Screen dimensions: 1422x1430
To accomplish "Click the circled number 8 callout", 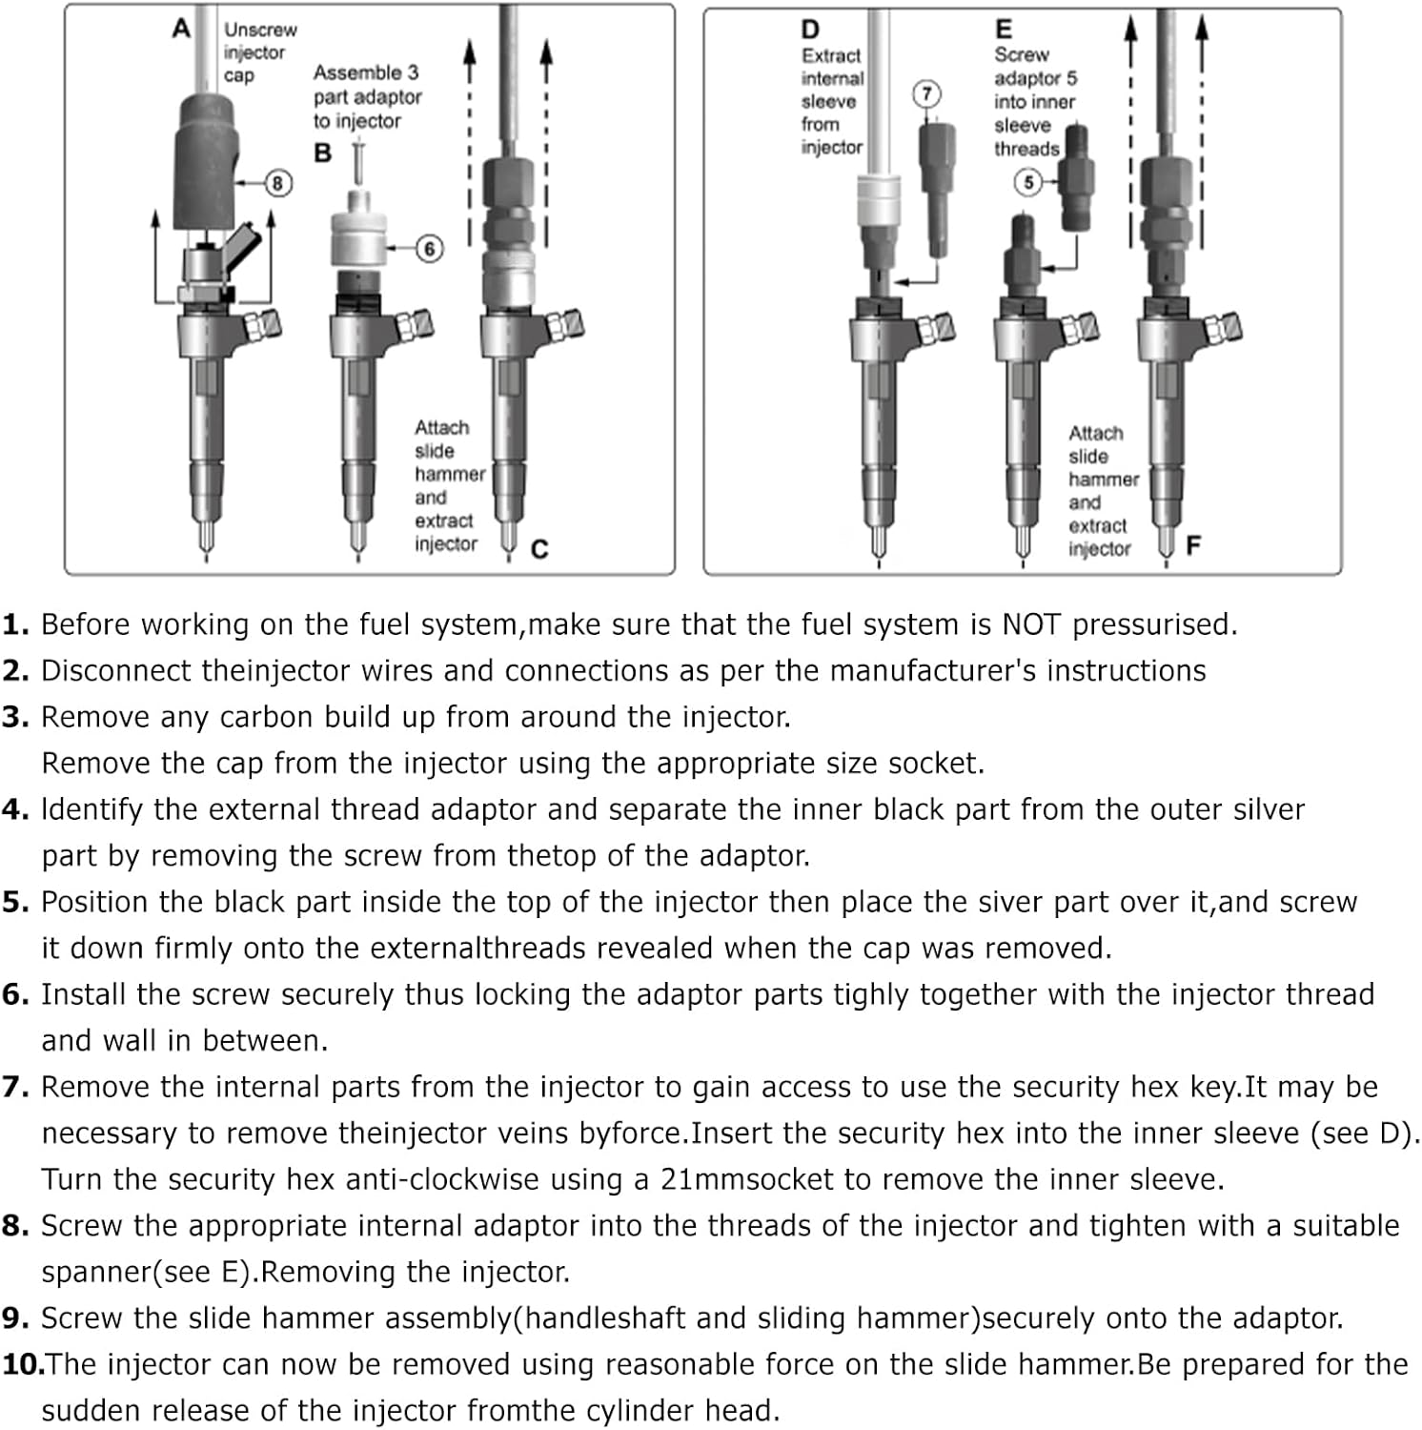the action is [277, 182].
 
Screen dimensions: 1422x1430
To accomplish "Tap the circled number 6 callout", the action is [429, 249].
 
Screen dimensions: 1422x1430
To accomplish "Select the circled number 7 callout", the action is [926, 93].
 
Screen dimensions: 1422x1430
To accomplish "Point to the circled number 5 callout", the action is [1027, 181].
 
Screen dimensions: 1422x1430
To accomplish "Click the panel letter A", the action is [182, 30].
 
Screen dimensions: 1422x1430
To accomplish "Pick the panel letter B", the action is [323, 153].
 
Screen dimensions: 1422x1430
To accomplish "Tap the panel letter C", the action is [539, 549].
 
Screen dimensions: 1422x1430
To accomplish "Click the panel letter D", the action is [810, 31].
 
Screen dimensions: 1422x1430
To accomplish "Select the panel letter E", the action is [1003, 31].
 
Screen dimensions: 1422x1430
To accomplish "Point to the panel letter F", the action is [1192, 544].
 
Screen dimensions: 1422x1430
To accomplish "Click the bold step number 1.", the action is [15, 624].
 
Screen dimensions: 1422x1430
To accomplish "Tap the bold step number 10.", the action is [23, 1364].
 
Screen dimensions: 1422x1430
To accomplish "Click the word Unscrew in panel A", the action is [260, 30].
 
